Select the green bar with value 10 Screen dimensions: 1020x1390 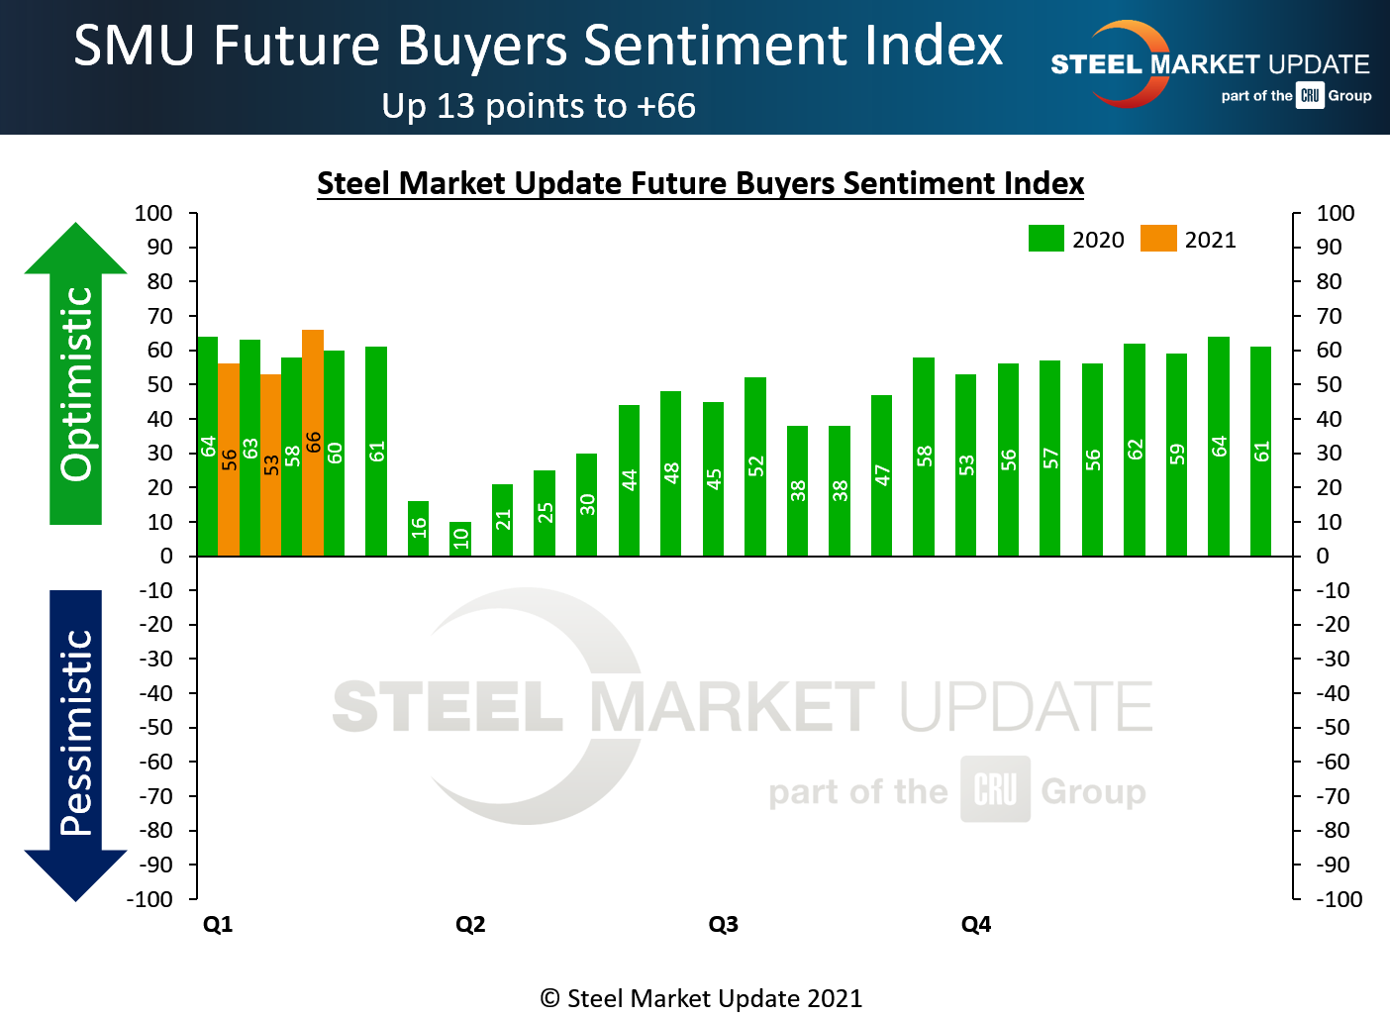tap(460, 539)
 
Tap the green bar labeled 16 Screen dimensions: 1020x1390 tap(418, 529)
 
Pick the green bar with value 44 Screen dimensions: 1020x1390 tap(629, 480)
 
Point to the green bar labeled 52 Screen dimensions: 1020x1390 tap(755, 466)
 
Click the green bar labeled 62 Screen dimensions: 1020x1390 tap(1135, 450)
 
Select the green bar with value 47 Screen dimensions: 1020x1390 tap(881, 475)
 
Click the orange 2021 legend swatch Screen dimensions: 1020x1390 tap(1158, 239)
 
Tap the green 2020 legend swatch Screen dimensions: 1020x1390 tap(1046, 239)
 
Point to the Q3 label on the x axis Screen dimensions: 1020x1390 tap(723, 924)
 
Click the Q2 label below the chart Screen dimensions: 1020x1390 tap(470, 924)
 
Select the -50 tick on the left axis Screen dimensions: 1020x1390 tap(153, 727)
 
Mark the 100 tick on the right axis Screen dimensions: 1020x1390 tap(1335, 213)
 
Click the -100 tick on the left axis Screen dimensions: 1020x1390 tap(149, 899)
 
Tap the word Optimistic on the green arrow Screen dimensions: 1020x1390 tap(76, 384)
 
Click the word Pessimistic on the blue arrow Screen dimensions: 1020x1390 tap(76, 733)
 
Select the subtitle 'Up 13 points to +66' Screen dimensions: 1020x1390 tap(539, 106)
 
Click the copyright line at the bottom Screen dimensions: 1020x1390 tap(701, 998)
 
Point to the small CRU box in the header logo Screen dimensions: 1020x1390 tap(1310, 95)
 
